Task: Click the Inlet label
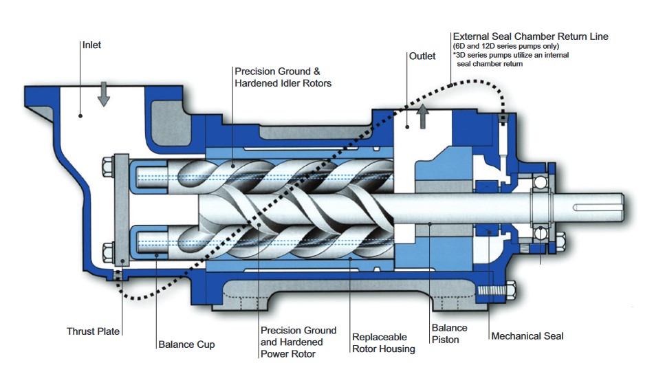click(91, 45)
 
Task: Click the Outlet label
click(422, 56)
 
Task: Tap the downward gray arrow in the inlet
click(103, 93)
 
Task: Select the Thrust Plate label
click(93, 331)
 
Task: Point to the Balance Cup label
click(186, 344)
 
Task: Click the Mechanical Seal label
click(527, 336)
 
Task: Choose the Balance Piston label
click(449, 333)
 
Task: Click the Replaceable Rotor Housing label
click(383, 343)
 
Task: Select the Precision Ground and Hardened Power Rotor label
click(298, 342)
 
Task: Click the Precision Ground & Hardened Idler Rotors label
click(283, 77)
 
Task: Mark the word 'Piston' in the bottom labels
click(445, 340)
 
